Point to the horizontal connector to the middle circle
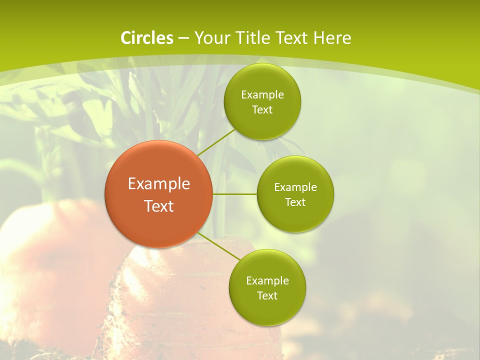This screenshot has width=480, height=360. coord(235,194)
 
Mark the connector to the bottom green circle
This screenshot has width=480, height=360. coord(218,245)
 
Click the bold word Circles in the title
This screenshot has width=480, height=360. coord(147,38)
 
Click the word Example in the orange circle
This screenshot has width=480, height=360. coord(159,184)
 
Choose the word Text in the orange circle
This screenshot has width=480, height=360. coord(159,206)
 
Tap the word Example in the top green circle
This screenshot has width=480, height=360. coord(262,94)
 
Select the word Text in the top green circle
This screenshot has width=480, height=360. coord(262,109)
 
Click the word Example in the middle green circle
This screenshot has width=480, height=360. coord(295,187)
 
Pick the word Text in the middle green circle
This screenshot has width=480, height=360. coord(295,202)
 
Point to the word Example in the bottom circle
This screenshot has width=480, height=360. coord(267,280)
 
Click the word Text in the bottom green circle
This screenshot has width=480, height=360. coord(267,295)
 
